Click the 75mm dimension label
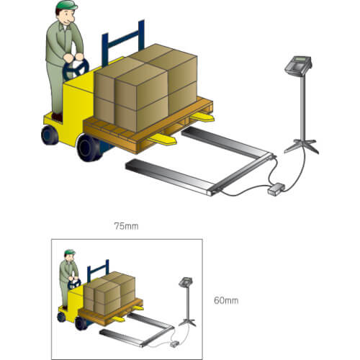pyautogui.click(x=126, y=226)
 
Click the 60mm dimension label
pyautogui.click(x=226, y=300)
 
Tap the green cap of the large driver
pyautogui.click(x=67, y=5)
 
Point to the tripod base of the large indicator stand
pyautogui.click(x=302, y=146)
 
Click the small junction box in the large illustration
pyautogui.click(x=276, y=189)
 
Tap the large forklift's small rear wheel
pyautogui.click(x=50, y=135)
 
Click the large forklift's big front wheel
pyautogui.click(x=89, y=148)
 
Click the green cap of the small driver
pyautogui.click(x=70, y=252)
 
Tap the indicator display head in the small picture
pyautogui.click(x=186, y=282)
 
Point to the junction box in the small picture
pyautogui.click(x=174, y=344)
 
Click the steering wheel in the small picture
pyautogui.click(x=74, y=284)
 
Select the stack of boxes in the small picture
pyautogui.click(x=109, y=293)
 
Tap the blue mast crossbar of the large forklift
pyautogui.click(x=123, y=40)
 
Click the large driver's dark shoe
pyautogui.click(x=57, y=117)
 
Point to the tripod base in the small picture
pyautogui.click(x=187, y=323)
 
